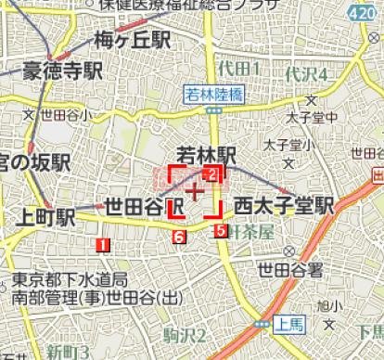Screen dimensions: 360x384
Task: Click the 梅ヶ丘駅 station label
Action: (133, 40)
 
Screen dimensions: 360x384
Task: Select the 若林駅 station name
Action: (210, 153)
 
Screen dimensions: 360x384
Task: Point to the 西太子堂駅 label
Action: (283, 205)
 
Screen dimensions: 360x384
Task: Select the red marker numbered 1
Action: (102, 245)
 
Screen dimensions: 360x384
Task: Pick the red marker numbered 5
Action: (220, 231)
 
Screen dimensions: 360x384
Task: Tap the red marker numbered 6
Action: (178, 238)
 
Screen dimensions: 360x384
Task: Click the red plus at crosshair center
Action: (194, 192)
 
